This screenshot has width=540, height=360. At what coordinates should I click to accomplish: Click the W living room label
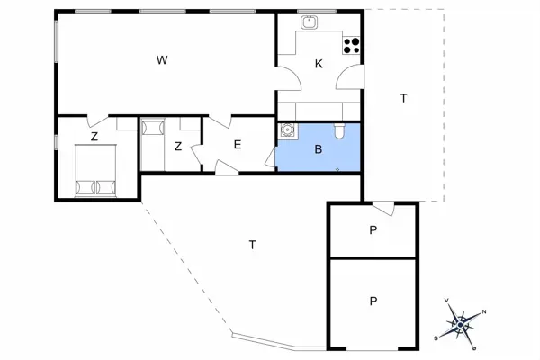click(x=162, y=60)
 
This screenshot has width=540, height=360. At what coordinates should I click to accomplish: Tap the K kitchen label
click(x=319, y=64)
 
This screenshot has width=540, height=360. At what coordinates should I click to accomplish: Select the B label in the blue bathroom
click(x=319, y=149)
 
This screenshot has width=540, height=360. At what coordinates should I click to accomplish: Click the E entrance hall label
click(x=238, y=145)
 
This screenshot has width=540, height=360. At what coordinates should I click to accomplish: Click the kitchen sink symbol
click(x=310, y=22)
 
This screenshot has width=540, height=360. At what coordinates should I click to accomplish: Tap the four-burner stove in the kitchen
click(x=351, y=46)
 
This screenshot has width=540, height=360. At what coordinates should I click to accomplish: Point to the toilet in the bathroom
click(x=339, y=131)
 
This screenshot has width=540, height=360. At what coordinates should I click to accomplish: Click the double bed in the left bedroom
click(x=95, y=171)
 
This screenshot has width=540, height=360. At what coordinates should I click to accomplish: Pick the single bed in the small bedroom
click(x=153, y=144)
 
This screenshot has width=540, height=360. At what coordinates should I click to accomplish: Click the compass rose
click(x=460, y=324)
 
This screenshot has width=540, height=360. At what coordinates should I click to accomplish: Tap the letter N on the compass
click(x=484, y=312)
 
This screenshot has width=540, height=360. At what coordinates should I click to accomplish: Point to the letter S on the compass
click(x=436, y=338)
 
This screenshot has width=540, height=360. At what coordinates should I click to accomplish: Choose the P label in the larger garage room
click(x=373, y=301)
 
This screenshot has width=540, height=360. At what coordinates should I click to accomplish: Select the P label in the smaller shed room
click(x=373, y=230)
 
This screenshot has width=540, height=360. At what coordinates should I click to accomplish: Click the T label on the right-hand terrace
click(x=403, y=98)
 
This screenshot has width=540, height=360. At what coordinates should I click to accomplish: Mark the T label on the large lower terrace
click(x=252, y=245)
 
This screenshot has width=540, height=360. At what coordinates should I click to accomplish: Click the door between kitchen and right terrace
click(x=350, y=76)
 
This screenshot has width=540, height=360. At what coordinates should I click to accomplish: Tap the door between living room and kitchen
click(x=289, y=78)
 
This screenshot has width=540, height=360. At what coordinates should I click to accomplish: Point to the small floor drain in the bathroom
click(x=337, y=169)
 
